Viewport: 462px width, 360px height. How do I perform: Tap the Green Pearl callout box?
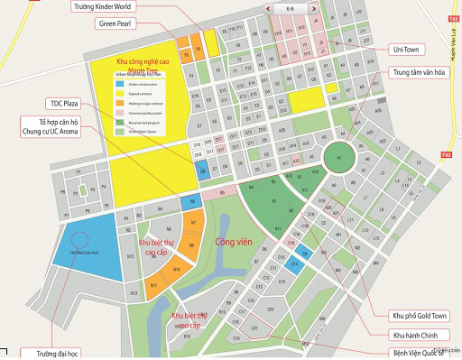coord(117,24)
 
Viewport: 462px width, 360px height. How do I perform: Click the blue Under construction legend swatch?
coord(120,83)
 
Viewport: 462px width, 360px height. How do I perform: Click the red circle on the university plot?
coord(80,243)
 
